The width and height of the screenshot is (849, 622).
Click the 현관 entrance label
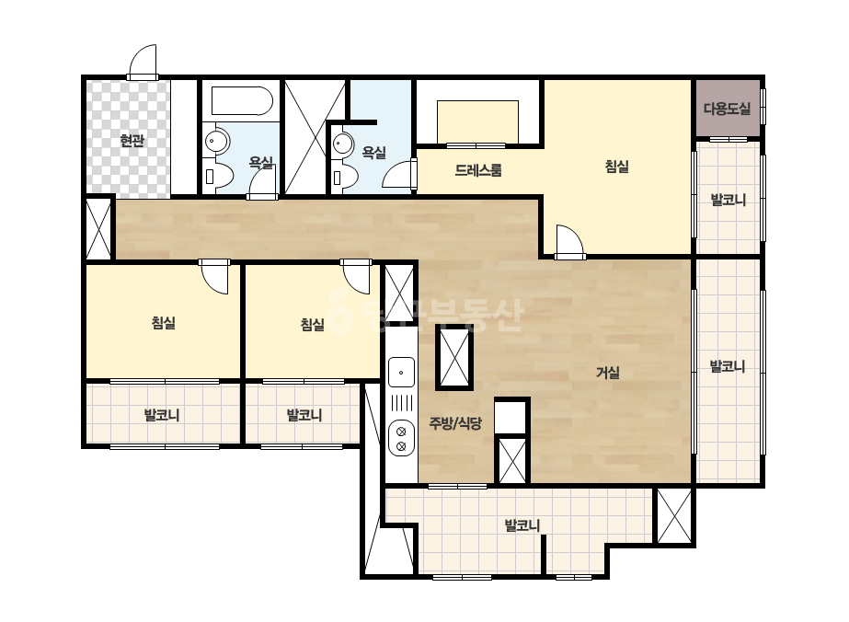(132, 141)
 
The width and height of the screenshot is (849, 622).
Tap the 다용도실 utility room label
(728, 109)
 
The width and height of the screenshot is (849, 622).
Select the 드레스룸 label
(478, 170)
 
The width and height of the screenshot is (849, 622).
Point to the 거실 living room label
(607, 373)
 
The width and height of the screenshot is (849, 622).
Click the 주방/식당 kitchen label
(455, 422)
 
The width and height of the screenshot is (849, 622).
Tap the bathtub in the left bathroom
(242, 101)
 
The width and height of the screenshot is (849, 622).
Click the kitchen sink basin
(401, 373)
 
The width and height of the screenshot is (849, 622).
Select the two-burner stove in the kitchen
(401, 439)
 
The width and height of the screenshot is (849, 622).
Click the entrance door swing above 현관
(143, 62)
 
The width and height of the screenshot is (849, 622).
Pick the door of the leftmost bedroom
(214, 277)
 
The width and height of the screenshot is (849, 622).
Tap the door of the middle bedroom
(356, 277)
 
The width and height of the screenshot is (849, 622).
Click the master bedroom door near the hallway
(569, 242)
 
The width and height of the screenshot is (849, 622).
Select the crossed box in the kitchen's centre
(454, 358)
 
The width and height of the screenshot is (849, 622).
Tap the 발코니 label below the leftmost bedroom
(162, 416)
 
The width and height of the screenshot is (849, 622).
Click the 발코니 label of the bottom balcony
(522, 525)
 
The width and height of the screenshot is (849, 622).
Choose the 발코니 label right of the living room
(728, 366)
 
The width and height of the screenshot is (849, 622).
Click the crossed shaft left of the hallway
(98, 229)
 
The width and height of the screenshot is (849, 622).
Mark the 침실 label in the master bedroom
(616, 166)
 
